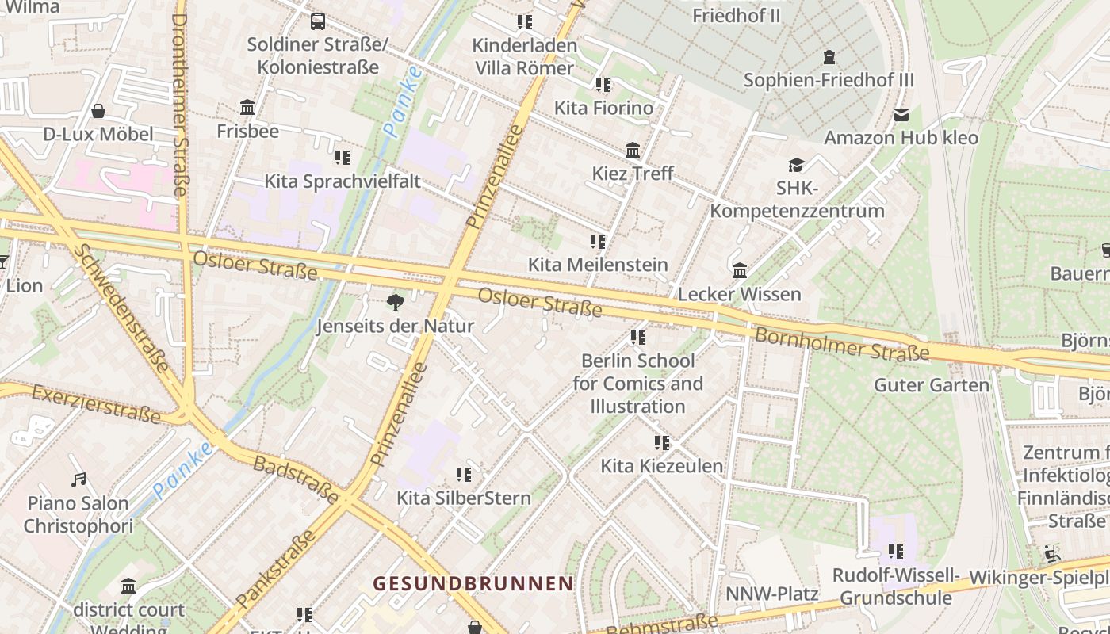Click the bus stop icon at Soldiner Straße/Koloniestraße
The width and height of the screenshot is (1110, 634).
click(x=318, y=21)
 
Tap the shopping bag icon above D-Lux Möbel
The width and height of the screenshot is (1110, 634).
click(x=98, y=111)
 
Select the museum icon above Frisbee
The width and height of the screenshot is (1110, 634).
click(x=247, y=107)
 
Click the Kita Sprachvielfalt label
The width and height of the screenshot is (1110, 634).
click(x=343, y=181)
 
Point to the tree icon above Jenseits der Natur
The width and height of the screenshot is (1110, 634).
click(x=395, y=302)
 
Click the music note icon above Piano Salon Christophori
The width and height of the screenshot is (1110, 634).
click(x=78, y=479)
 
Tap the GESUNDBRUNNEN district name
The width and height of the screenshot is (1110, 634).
click(x=473, y=583)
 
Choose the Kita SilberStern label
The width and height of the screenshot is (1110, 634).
click(x=464, y=498)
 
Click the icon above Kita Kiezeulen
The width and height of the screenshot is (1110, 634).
click(x=662, y=442)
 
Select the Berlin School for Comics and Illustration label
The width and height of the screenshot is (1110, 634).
click(x=638, y=384)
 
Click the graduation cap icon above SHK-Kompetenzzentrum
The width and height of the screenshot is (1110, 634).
click(x=797, y=165)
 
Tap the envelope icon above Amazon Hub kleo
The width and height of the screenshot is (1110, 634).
click(x=901, y=115)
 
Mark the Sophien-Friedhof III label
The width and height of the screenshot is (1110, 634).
click(x=829, y=80)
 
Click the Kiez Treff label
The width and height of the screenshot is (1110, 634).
click(x=633, y=173)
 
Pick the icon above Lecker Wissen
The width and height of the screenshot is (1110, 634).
click(x=740, y=271)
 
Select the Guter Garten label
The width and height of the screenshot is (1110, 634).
click(x=932, y=385)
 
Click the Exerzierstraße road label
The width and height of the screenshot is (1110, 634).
click(x=97, y=402)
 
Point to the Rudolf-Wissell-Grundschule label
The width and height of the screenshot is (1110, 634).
click(x=896, y=586)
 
